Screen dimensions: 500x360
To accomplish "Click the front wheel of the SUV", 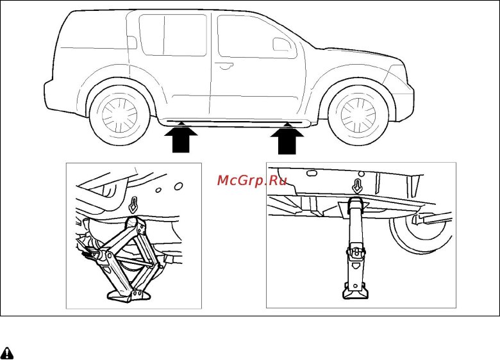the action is (358, 115).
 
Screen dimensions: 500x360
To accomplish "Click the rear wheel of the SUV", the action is (120, 115).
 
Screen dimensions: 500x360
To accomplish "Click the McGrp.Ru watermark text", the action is (252, 181).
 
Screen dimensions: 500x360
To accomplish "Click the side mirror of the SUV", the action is (281, 44).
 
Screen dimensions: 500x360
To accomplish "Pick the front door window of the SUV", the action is (256, 37).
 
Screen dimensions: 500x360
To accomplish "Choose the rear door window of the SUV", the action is (173, 35).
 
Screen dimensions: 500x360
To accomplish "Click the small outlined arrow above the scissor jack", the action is (133, 205).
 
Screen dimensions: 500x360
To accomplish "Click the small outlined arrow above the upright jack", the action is (358, 186).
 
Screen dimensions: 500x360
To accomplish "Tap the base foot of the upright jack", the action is (356, 291).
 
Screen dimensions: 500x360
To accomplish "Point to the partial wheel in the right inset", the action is (421, 233).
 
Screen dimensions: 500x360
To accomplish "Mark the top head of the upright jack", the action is (356, 204).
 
